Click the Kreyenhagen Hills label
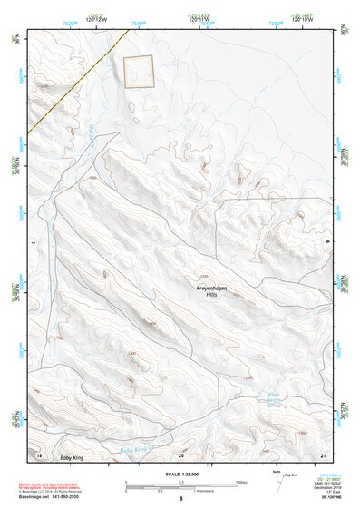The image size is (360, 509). click(209, 290)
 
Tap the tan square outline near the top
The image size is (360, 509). click(138, 72)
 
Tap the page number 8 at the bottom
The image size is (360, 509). click(180, 500)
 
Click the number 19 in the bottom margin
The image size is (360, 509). click(39, 453)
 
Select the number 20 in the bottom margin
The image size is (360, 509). click(180, 453)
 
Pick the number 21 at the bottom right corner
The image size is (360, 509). click(322, 453)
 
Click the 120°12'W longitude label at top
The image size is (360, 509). click(96, 20)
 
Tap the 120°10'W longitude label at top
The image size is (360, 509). click(303, 20)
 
